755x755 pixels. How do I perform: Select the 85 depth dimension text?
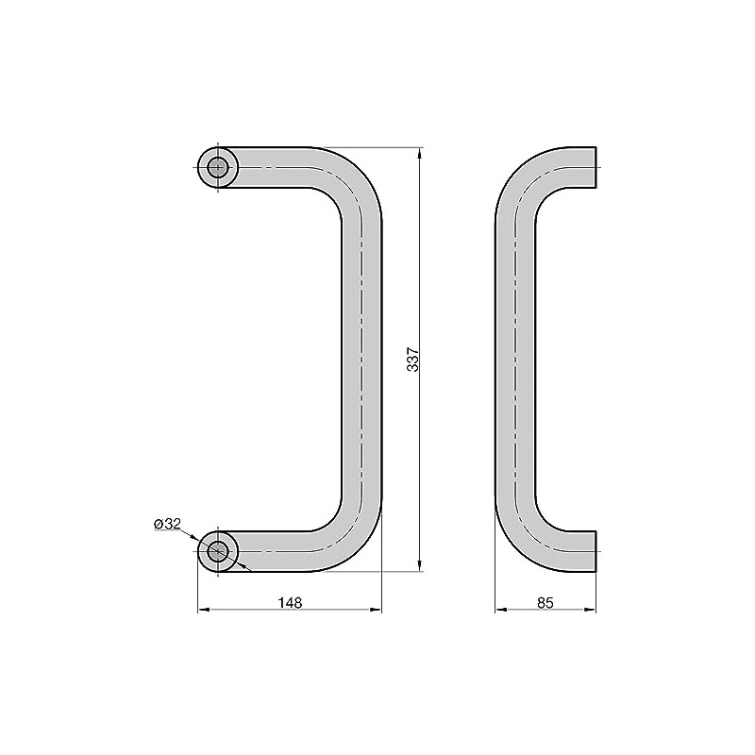pyautogui.click(x=545, y=601)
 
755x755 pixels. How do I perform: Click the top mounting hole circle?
pyautogui.click(x=218, y=168)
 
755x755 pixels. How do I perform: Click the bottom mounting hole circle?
pyautogui.click(x=218, y=551)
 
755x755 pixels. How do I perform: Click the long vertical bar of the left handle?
pyautogui.click(x=362, y=359)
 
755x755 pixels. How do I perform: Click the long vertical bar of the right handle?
pyautogui.click(x=515, y=359)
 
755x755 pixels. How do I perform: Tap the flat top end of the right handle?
pyautogui.click(x=596, y=168)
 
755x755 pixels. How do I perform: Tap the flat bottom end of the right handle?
pyautogui.click(x=596, y=551)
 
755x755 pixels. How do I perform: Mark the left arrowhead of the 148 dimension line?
pyautogui.click(x=202, y=612)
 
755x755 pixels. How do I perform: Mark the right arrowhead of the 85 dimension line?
pyautogui.click(x=591, y=612)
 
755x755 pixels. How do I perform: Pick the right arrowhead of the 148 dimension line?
pyautogui.click(x=377, y=612)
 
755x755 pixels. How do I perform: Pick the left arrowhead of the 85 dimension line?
pyautogui.click(x=500, y=612)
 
